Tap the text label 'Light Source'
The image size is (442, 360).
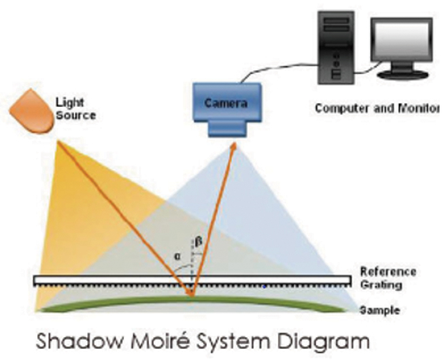click(x=75, y=109)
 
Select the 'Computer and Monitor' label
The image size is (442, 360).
click(x=377, y=108)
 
